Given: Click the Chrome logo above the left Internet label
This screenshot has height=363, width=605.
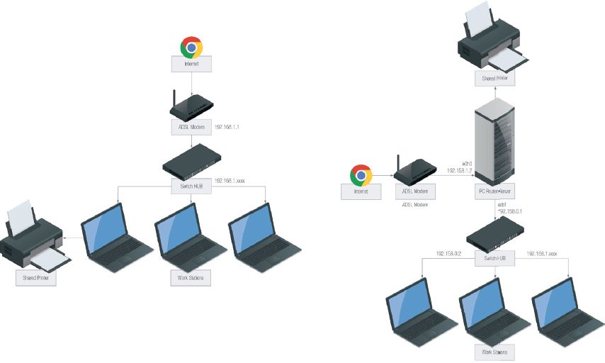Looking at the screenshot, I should [x=191, y=48].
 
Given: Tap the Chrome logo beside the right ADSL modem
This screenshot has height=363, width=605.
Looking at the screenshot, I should [x=361, y=174].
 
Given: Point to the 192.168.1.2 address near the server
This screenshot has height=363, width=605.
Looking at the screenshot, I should [x=459, y=171].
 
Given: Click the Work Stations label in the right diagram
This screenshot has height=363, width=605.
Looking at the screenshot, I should [x=493, y=352].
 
